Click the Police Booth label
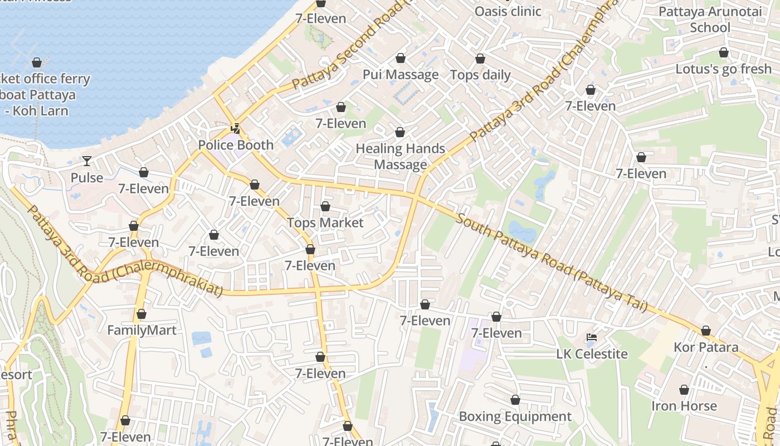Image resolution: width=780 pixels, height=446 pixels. (x=236, y=145)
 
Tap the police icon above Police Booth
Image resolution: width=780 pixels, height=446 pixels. (x=236, y=129)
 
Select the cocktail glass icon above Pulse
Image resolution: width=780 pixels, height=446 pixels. (x=87, y=162)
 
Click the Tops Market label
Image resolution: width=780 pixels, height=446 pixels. (x=325, y=223)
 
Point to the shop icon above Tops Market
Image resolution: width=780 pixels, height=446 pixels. (x=325, y=207)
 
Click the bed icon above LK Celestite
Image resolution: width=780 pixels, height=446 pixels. (x=592, y=337)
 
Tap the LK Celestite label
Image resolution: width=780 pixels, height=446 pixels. (x=592, y=354)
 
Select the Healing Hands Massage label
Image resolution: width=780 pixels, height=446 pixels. (x=400, y=157)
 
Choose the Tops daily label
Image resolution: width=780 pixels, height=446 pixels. (x=480, y=75)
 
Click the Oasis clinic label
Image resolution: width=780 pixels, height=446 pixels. (x=508, y=11)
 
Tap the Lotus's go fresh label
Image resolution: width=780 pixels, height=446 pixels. (x=723, y=69)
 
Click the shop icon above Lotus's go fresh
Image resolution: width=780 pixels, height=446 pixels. (x=723, y=53)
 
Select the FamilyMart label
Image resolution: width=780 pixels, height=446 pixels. (x=142, y=330)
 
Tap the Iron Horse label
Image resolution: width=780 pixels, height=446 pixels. (x=684, y=406)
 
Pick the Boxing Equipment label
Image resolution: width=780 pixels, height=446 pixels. (x=515, y=416)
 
